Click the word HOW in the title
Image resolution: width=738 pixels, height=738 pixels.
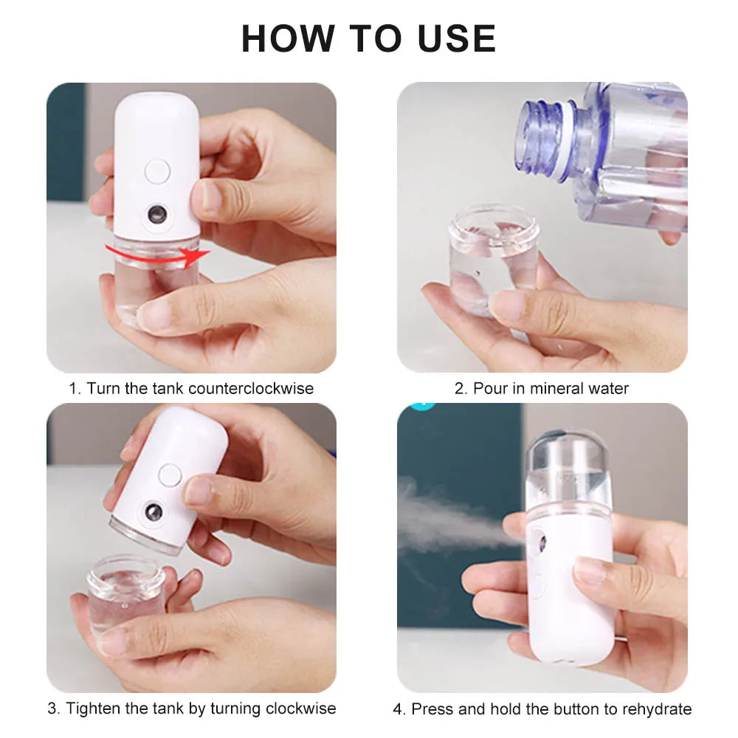coord(282,38)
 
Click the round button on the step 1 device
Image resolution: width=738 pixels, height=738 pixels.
coord(157,171)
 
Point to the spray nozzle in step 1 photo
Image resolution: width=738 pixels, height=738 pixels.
coord(156,215)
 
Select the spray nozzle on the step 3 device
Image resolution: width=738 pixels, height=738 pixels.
coord(154,511)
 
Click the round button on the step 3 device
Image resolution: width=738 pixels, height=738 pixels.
coord(170,475)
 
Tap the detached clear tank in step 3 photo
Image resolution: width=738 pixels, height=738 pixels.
coord(125,590)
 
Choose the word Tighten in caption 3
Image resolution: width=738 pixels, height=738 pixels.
coord(94,708)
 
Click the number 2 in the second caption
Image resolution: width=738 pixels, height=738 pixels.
coord(459,388)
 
